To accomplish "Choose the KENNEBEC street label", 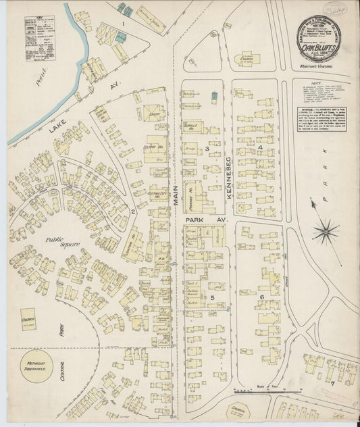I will click(228, 155).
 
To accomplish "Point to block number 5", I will click(211, 297).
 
